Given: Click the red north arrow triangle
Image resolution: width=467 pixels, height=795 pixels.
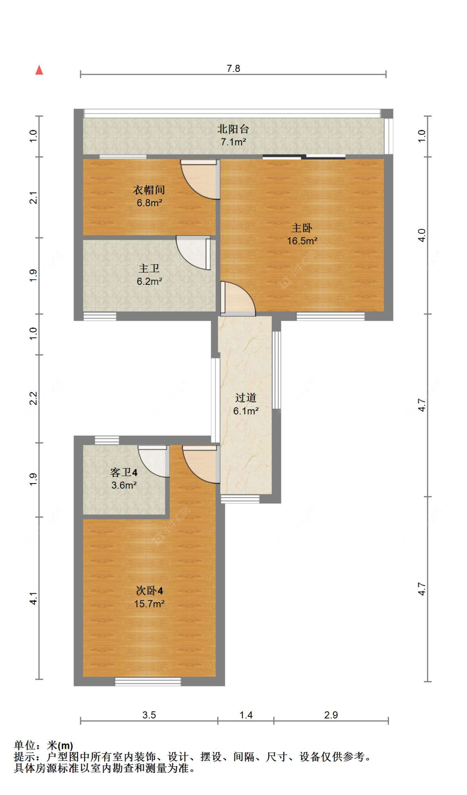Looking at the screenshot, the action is click(39, 70).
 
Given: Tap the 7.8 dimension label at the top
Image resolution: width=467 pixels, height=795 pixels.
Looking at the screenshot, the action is click(233, 69).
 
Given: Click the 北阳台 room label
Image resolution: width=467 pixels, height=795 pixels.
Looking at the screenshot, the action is click(233, 129).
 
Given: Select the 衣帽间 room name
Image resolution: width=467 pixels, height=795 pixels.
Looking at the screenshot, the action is click(149, 190).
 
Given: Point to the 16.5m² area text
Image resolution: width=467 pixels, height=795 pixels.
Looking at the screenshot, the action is click(302, 241).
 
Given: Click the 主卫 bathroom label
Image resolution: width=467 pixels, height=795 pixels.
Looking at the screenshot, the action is click(149, 269).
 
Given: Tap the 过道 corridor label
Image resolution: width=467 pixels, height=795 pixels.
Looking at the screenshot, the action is click(246, 398).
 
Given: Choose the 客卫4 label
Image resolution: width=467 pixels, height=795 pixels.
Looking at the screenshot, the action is click(124, 472).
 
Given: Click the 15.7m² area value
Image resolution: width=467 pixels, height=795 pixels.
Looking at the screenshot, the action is click(149, 604).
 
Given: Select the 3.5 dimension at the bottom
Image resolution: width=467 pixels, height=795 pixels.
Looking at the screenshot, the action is click(149, 715).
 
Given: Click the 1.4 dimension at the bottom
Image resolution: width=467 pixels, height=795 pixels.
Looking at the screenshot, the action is click(246, 715).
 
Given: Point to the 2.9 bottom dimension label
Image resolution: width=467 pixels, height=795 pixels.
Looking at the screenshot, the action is click(331, 715).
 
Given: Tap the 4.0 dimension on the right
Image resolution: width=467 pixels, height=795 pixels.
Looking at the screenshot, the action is click(422, 235).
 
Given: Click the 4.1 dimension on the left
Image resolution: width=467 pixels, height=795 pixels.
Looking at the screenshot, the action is click(34, 598).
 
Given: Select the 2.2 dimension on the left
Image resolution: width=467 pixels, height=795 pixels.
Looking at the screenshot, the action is click(34, 398).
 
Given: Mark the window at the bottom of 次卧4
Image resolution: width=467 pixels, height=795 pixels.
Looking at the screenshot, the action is click(148, 681).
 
